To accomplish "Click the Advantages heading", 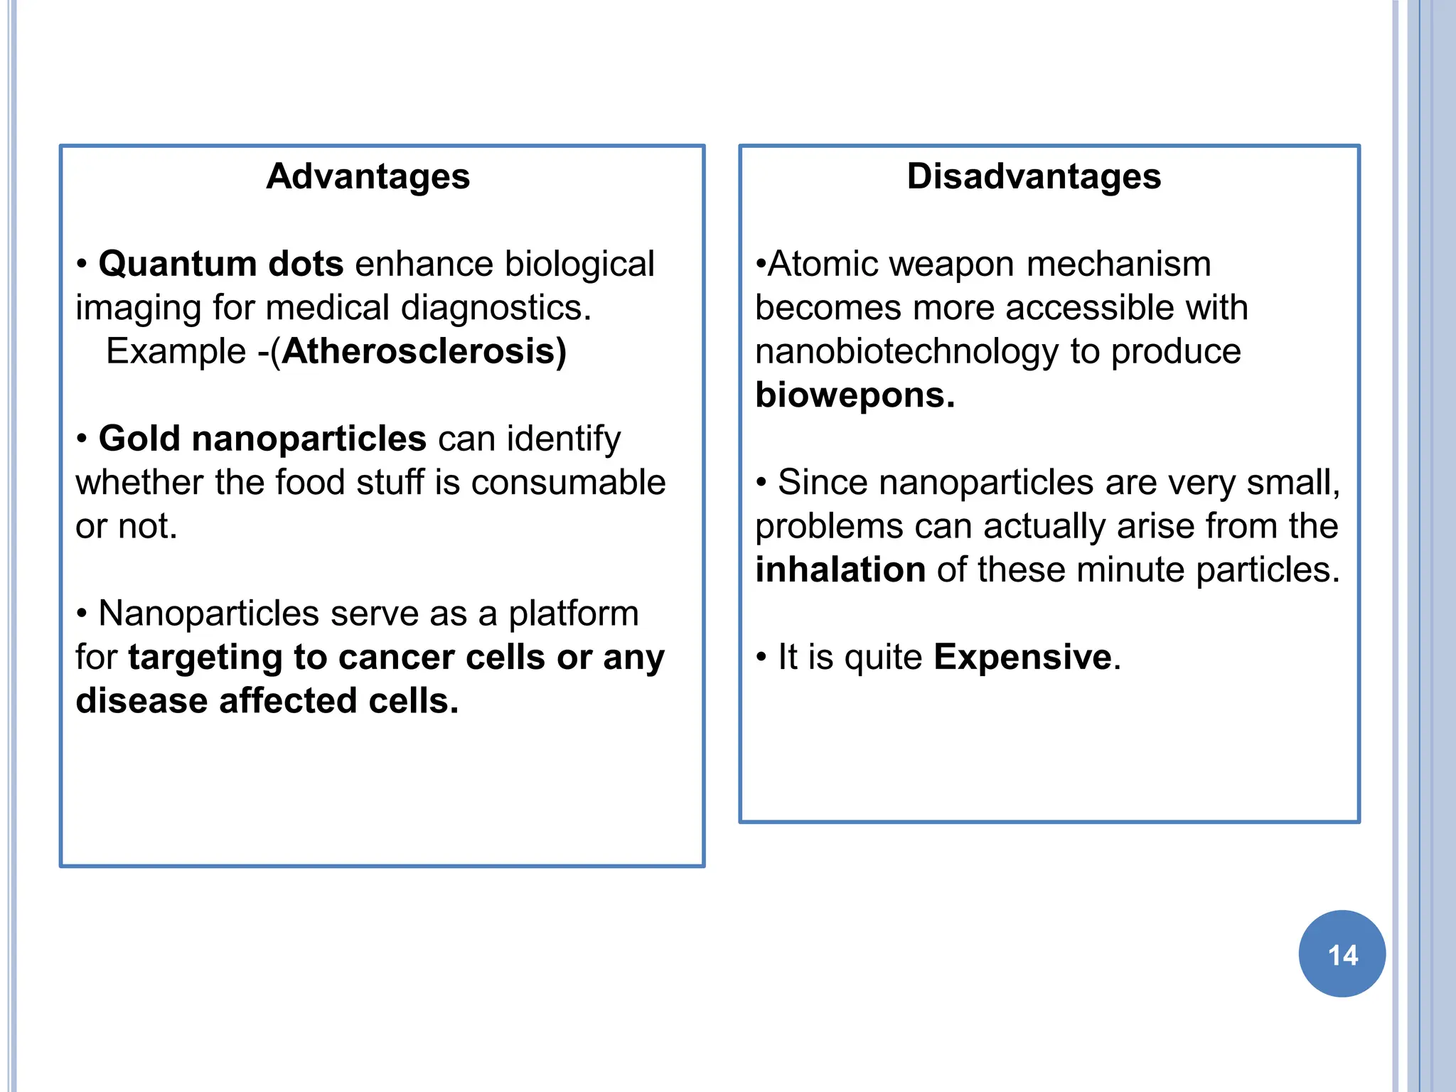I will click(368, 176).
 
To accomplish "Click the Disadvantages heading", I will click(1034, 176).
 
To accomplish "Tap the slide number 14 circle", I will click(1342, 953).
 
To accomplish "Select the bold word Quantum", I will click(176, 264).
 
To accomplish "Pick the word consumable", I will click(568, 483).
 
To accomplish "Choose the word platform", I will click(573, 614).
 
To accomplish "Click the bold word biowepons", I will click(855, 395).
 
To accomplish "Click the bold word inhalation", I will click(840, 570).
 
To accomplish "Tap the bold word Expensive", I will click(1022, 657).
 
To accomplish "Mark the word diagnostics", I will click(496, 309).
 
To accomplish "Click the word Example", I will click(176, 352).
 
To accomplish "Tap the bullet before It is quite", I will click(761, 657).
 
